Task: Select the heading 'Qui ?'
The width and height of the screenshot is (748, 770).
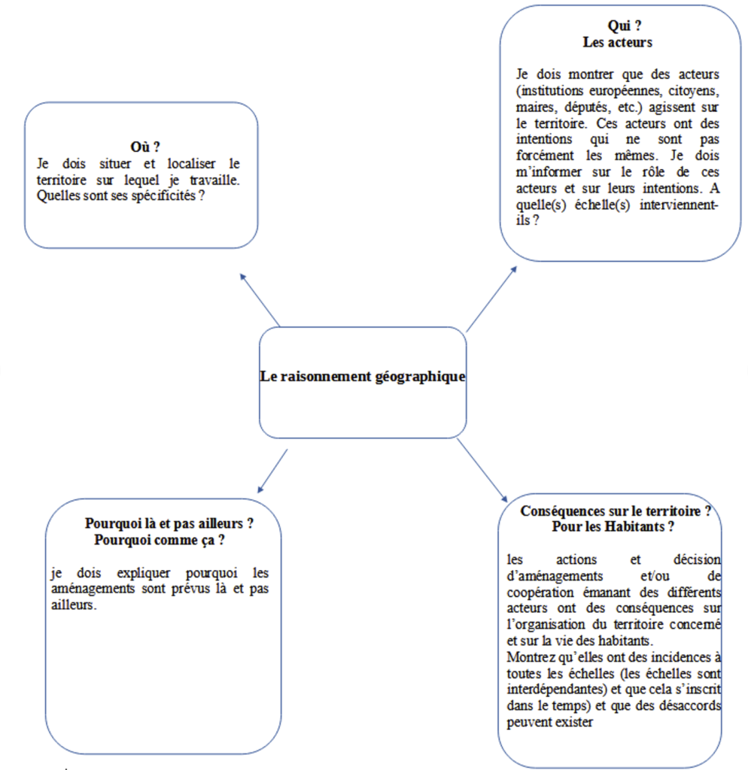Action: click(x=618, y=27)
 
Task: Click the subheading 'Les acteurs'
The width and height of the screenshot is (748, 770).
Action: click(x=617, y=43)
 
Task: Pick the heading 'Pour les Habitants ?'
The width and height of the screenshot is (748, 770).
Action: click(x=613, y=527)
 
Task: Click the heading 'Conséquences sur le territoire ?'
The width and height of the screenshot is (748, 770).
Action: click(x=616, y=511)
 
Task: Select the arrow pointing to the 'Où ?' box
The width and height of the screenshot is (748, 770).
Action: click(x=260, y=299)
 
